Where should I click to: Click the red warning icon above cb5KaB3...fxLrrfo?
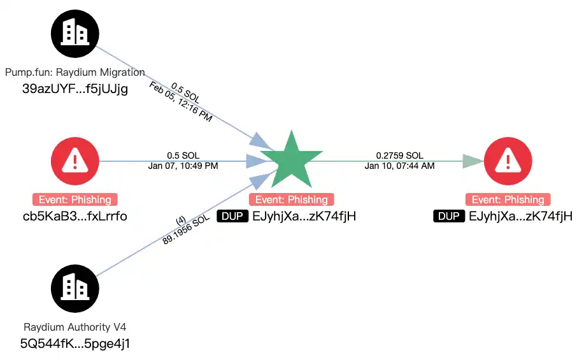(x=75, y=161)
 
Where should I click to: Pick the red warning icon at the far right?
(x=508, y=161)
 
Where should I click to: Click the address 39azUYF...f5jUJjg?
(x=75, y=89)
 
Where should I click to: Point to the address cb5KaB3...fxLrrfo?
(x=75, y=216)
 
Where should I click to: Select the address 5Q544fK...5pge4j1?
(x=75, y=344)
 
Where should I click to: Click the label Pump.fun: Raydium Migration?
(x=75, y=72)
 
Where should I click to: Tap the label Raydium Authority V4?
(x=75, y=328)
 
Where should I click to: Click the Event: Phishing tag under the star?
(x=291, y=199)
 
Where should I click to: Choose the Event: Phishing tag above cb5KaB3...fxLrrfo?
(x=75, y=199)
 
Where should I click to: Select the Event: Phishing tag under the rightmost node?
(x=508, y=199)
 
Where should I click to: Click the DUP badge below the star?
(x=232, y=216)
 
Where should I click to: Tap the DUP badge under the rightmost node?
(x=449, y=216)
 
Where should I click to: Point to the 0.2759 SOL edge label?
(x=399, y=155)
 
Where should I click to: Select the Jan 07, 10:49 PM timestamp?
(x=182, y=166)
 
